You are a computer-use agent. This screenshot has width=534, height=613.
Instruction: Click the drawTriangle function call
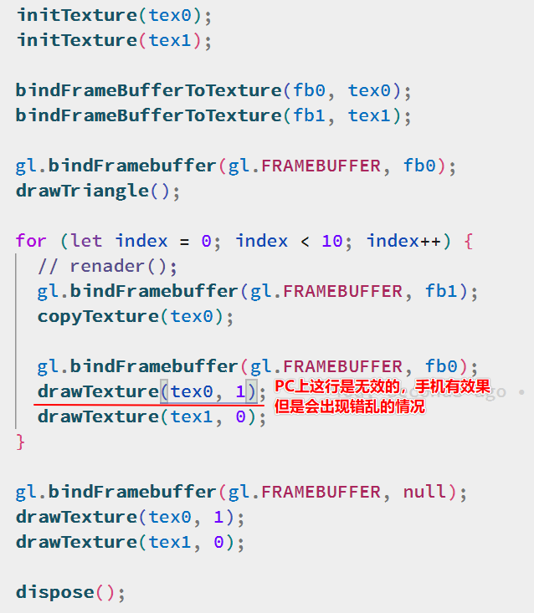(x=82, y=191)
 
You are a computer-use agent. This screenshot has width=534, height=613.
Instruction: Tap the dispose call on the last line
(x=54, y=592)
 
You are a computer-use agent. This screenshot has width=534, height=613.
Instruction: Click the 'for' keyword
(x=31, y=241)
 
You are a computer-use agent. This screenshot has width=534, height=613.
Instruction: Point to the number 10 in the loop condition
(x=332, y=241)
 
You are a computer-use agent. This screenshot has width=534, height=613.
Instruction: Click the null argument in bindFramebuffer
(x=425, y=492)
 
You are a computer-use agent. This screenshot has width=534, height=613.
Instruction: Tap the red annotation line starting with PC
(x=389, y=390)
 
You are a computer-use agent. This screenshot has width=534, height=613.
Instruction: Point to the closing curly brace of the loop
(x=21, y=441)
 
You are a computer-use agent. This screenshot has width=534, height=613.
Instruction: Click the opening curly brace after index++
(x=469, y=241)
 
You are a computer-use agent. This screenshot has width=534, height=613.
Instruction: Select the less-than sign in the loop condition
(x=305, y=241)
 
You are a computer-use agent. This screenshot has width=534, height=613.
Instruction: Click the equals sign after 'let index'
(x=184, y=241)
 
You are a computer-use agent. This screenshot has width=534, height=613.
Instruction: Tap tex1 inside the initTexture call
(x=170, y=40)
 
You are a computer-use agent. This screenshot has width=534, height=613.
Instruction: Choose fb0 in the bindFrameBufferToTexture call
(x=310, y=90)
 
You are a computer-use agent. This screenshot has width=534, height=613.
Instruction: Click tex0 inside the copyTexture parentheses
(x=192, y=316)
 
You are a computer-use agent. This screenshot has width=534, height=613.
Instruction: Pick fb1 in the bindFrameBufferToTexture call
(x=310, y=115)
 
